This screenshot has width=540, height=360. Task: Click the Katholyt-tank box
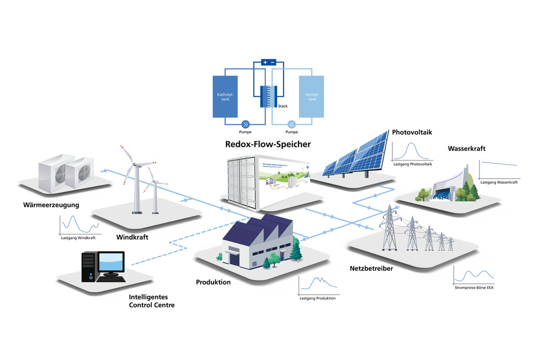point(225,96)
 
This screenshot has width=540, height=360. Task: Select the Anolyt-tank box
point(311,96)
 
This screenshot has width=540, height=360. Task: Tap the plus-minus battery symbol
point(268,63)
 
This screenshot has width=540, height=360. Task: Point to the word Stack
point(283,106)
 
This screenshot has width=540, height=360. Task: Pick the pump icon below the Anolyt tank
point(292,121)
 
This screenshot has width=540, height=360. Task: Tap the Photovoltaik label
point(412,132)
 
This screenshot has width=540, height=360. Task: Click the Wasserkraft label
point(467,149)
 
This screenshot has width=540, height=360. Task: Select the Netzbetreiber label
point(371,268)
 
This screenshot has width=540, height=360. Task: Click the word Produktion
point(213,282)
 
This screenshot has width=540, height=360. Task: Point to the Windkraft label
point(132,236)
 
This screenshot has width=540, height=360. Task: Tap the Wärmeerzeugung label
point(51,205)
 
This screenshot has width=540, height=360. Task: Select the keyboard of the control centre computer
point(112,278)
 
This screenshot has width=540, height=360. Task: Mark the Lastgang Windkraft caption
point(78,237)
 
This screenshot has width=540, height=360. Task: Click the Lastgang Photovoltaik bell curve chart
point(412,151)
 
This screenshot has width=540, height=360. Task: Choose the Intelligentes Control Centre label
point(151,301)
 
